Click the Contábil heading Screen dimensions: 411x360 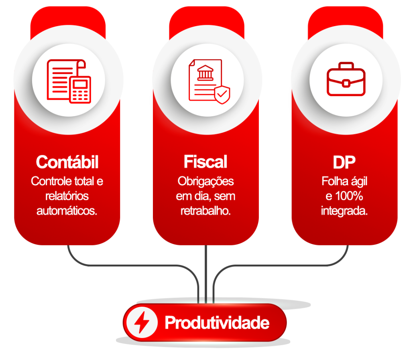[x=67, y=162]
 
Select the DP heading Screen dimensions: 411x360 [x=344, y=162]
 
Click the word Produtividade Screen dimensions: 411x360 [x=217, y=323]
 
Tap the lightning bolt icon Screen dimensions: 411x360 [x=142, y=322]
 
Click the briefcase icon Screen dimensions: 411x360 [x=346, y=79]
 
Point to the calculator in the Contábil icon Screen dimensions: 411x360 [x=80, y=89]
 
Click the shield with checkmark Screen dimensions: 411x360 [x=222, y=95]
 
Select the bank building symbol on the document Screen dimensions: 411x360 [x=205, y=73]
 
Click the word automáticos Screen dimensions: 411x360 [x=67, y=211]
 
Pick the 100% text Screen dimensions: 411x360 [x=349, y=196]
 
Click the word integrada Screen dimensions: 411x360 [x=344, y=211]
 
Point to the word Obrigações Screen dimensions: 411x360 [x=206, y=182]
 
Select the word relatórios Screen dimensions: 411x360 [x=67, y=196]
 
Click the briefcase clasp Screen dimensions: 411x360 [x=346, y=83]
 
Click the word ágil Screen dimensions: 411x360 [x=359, y=182]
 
